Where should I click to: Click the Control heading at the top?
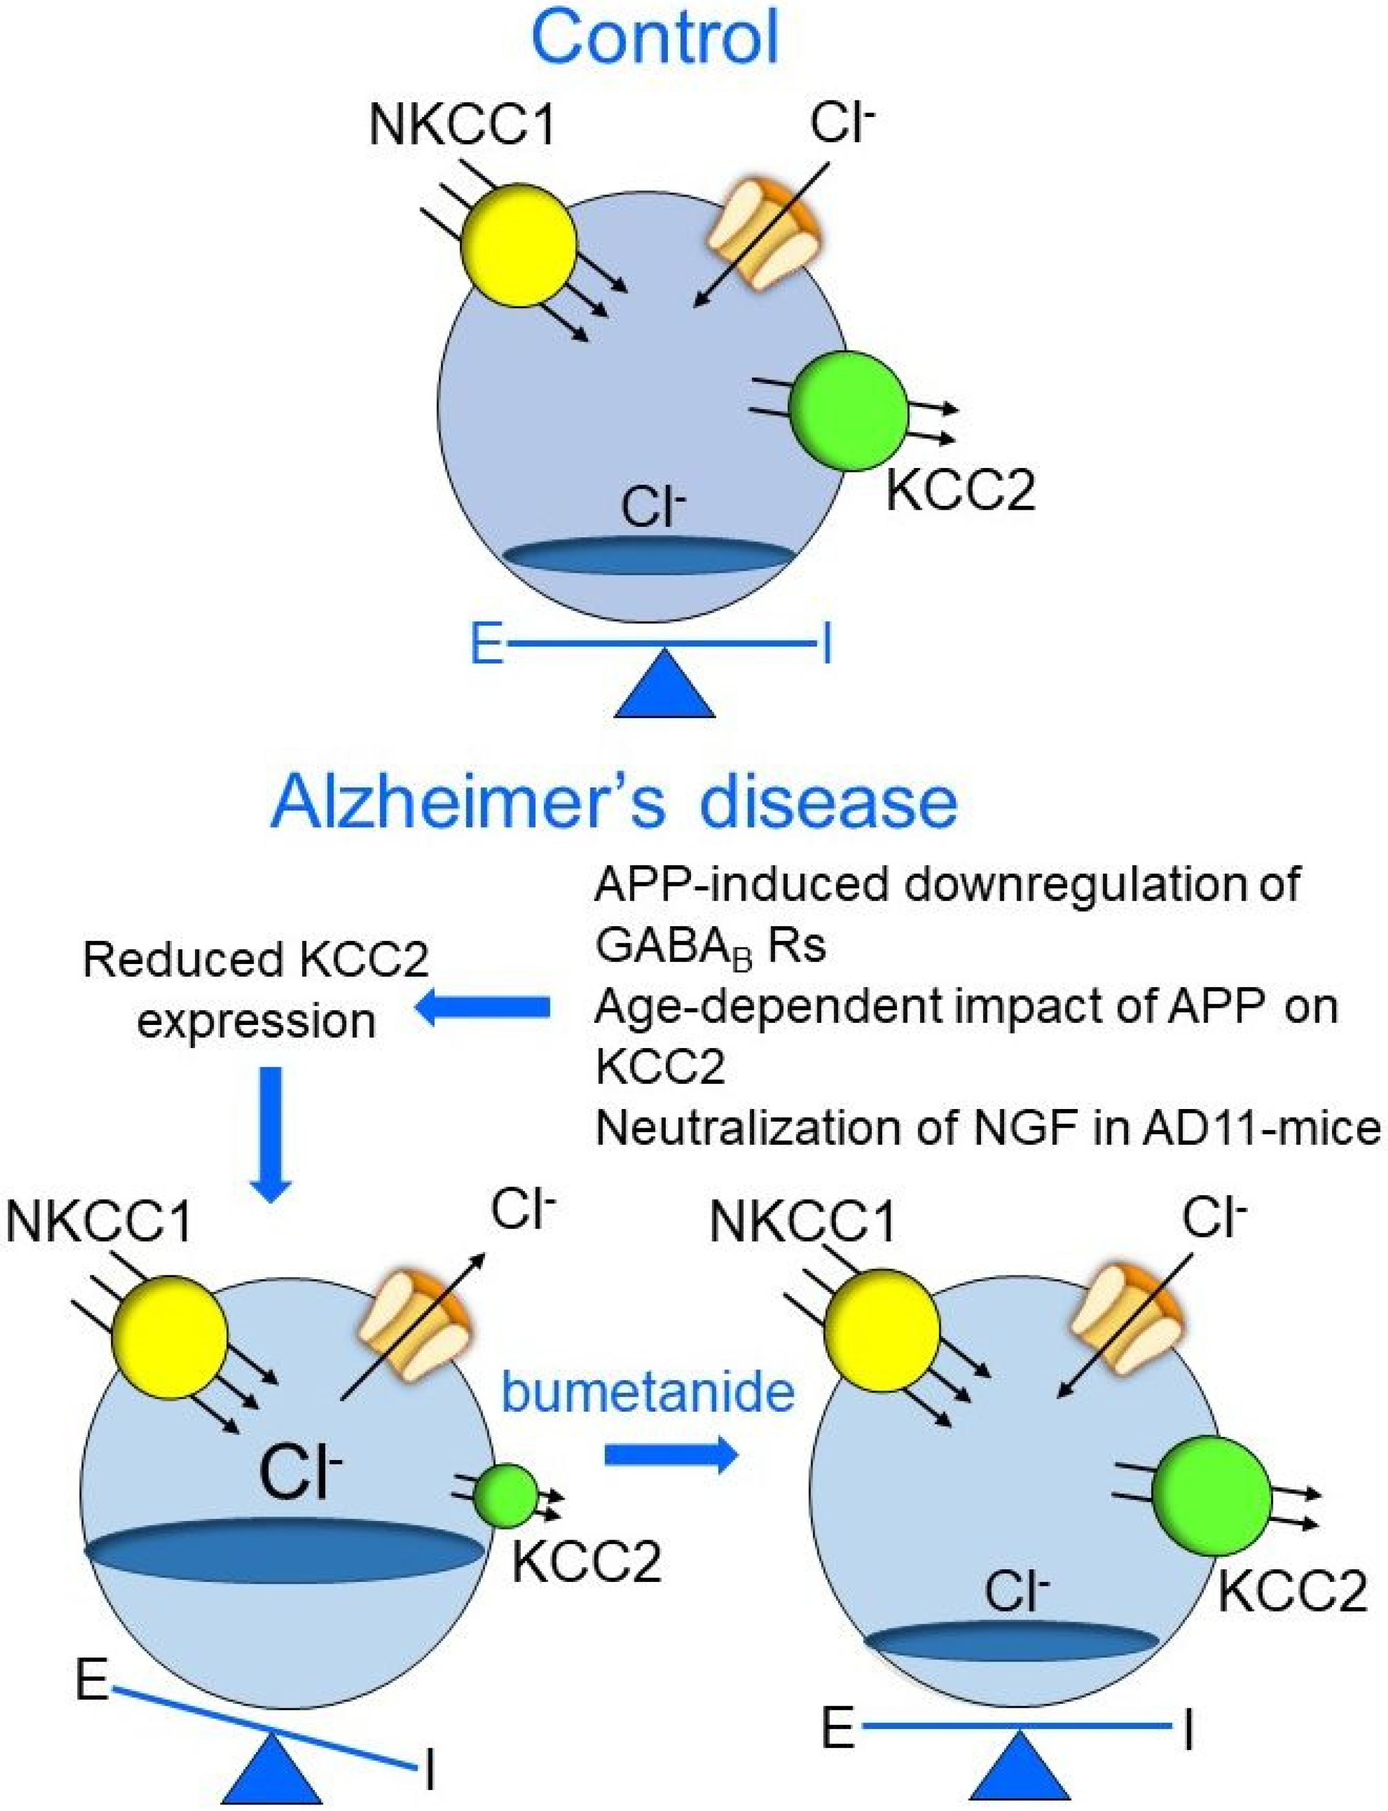(655, 37)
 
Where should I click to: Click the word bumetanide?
(649, 1394)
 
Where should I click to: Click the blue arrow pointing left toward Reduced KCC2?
(486, 1006)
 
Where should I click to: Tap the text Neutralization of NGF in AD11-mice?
(987, 1129)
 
